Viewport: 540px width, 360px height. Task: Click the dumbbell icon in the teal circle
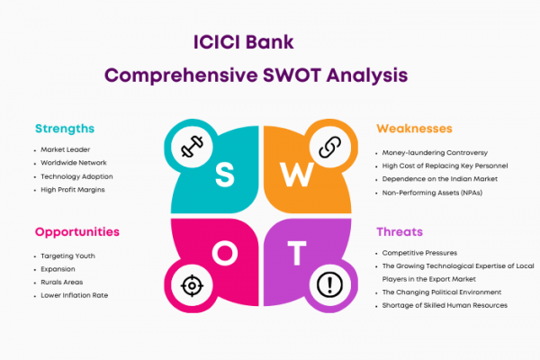pos(192,147)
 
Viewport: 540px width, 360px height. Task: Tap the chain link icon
pos(329,147)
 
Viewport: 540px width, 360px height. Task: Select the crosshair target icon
pos(192,285)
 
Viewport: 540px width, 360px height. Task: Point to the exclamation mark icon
pos(329,285)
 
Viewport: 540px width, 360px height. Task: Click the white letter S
pos(224,175)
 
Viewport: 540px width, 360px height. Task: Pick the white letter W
pos(296,175)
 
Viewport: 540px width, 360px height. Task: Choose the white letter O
pos(225,253)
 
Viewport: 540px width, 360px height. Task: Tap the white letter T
pos(297,253)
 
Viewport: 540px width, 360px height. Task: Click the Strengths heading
pos(65,129)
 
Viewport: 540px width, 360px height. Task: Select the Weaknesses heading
pos(414,129)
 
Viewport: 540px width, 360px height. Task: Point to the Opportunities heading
pos(77,232)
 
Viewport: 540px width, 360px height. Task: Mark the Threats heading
pos(400,232)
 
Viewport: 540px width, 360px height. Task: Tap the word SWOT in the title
pos(292,76)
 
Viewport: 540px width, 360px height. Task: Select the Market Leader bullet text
pos(66,149)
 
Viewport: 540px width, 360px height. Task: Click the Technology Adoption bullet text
pos(76,176)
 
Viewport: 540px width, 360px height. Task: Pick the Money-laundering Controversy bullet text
pos(435,153)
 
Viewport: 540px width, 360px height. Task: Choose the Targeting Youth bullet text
pos(67,256)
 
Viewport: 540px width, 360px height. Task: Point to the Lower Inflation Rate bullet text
pos(75,295)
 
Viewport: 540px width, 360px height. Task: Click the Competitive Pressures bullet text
pos(419,253)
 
